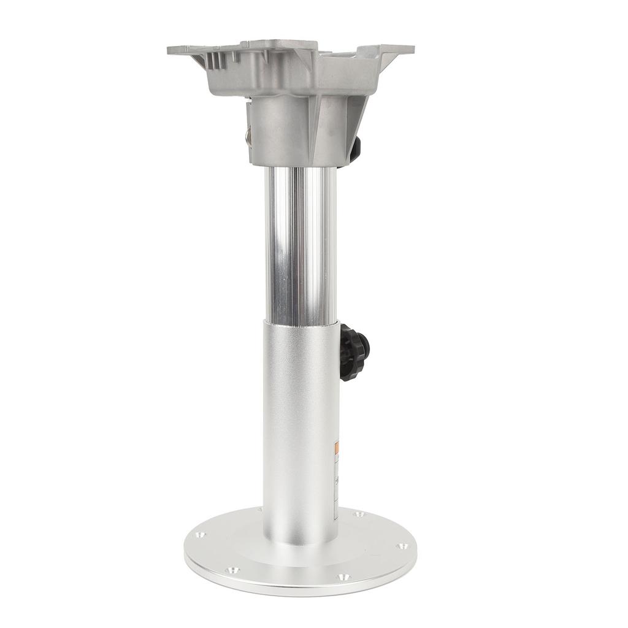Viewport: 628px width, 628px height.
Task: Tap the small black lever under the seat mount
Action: click(355, 149)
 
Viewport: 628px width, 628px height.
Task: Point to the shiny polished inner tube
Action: click(301, 245)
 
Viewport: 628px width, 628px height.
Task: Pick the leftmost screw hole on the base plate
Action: click(199, 535)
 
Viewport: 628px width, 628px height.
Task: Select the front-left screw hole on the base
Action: click(231, 570)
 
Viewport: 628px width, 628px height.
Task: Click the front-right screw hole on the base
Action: click(342, 577)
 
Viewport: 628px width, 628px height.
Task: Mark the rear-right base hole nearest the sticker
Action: click(358, 514)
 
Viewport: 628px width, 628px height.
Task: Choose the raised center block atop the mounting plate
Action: click(279, 46)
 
